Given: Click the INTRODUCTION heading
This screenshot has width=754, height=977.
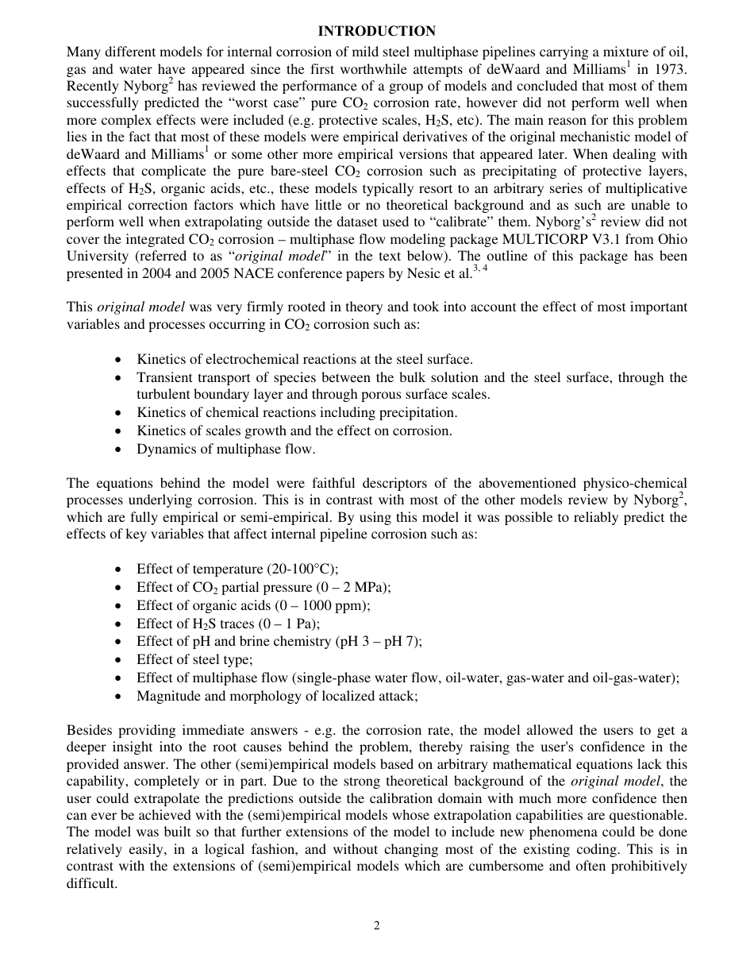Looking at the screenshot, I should tap(376, 31).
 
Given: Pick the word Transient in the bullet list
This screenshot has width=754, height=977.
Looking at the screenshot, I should tap(163, 377).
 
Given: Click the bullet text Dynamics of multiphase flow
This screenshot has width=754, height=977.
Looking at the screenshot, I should tap(225, 449).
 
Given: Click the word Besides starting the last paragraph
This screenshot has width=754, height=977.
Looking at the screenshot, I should tap(90, 730).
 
